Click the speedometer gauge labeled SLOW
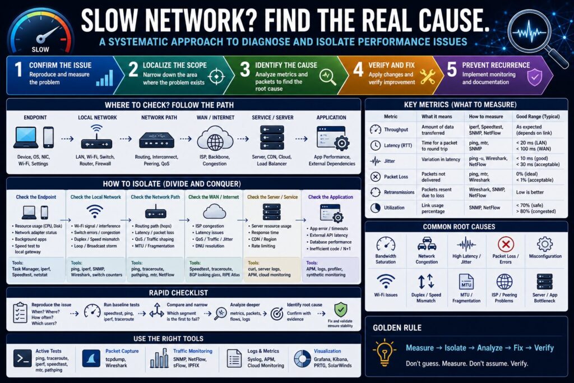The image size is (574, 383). click(40, 32)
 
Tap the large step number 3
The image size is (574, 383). click(244, 69)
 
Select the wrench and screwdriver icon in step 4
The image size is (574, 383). click(427, 76)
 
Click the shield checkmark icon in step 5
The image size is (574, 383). click(534, 77)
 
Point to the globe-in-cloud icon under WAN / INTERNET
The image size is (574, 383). click(215, 139)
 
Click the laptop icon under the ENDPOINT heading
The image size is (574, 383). click(26, 138)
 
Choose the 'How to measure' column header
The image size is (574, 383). click(486, 117)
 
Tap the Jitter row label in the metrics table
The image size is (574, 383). click(390, 161)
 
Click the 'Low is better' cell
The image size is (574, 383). click(530, 192)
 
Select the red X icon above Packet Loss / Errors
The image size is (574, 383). click(506, 244)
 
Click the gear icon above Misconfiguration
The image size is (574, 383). click(545, 244)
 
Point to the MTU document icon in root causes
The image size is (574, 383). click(466, 282)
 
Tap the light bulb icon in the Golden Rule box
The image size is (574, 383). click(384, 352)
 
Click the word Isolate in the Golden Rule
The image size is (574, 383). click(455, 348)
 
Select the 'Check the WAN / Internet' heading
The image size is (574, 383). click(214, 197)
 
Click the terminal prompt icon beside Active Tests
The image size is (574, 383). click(22, 358)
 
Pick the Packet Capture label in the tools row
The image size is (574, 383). click(122, 351)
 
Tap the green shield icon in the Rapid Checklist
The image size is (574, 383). click(340, 310)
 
